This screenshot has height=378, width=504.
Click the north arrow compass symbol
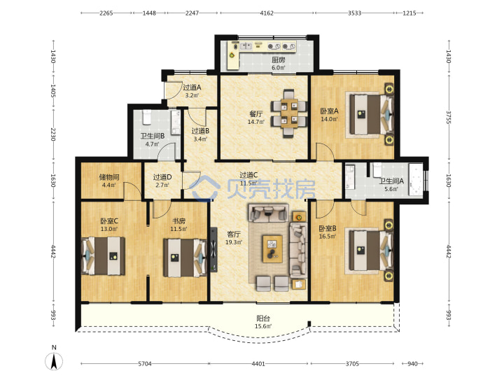point(54,360)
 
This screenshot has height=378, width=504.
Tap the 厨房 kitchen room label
point(279,59)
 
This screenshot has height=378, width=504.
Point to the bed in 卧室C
point(103,256)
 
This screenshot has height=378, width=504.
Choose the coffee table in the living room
point(272,248)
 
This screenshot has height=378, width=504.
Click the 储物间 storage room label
point(109,177)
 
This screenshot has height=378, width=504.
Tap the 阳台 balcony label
point(263,318)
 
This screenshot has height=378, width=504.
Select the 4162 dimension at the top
point(267,13)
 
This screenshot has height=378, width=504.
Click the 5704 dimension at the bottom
point(145,364)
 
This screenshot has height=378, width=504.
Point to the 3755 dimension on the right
point(449,118)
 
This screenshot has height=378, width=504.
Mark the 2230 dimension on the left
point(53,134)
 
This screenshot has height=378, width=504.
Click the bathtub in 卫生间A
point(416,179)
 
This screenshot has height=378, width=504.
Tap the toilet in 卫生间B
point(146,118)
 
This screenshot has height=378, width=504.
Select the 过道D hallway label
point(162,177)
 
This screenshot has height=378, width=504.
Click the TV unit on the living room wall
point(213,250)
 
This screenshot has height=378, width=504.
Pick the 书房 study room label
point(178,221)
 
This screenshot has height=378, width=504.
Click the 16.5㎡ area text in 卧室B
point(328,237)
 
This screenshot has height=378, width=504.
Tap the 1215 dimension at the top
point(409,13)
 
